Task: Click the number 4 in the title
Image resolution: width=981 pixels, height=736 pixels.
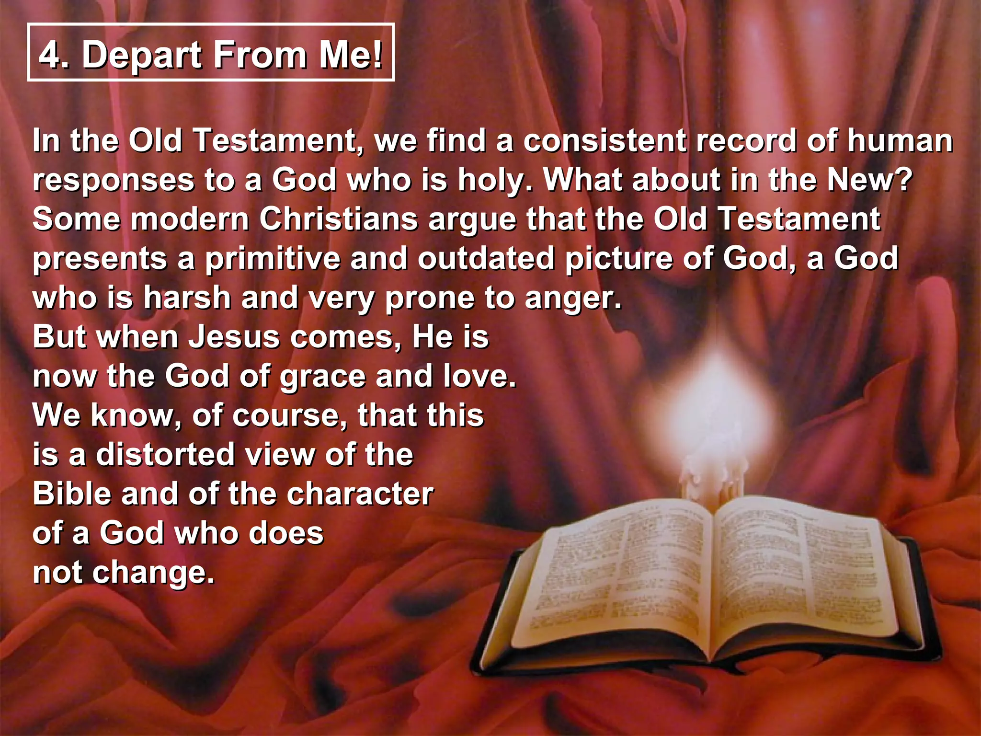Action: pos(51,55)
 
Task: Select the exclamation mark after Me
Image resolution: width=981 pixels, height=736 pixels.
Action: pos(378,54)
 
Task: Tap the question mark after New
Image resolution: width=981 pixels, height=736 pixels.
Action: pos(904,180)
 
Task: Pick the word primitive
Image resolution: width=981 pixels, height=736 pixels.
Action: pos(273,259)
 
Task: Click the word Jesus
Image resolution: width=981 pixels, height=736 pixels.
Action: pos(234,337)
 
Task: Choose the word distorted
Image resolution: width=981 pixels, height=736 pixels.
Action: pos(166,455)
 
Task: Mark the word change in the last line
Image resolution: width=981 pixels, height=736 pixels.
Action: pos(153,573)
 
